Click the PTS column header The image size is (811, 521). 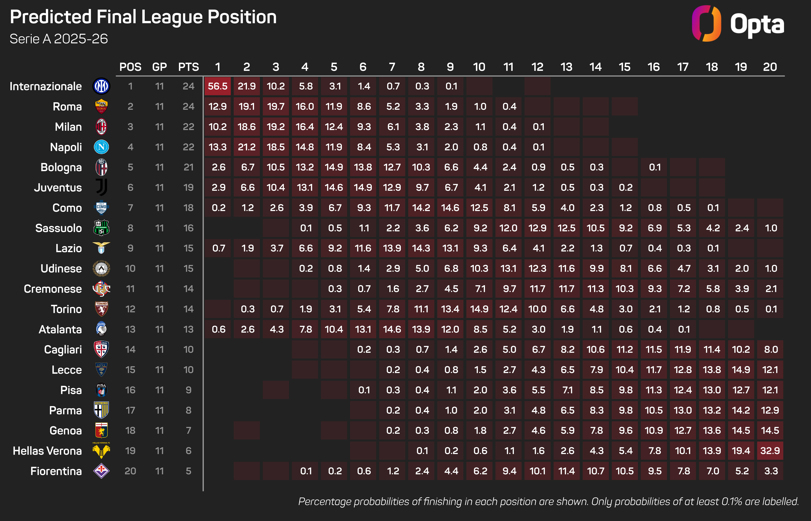coord(189,67)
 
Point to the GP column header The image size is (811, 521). coord(159,67)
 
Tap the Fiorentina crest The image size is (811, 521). coord(101,471)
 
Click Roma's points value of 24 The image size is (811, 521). coord(189,107)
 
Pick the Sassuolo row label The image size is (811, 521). coord(59,228)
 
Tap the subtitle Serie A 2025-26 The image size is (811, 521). coord(59,39)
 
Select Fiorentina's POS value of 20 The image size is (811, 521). coord(130,471)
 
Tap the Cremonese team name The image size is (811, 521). coord(53,289)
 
